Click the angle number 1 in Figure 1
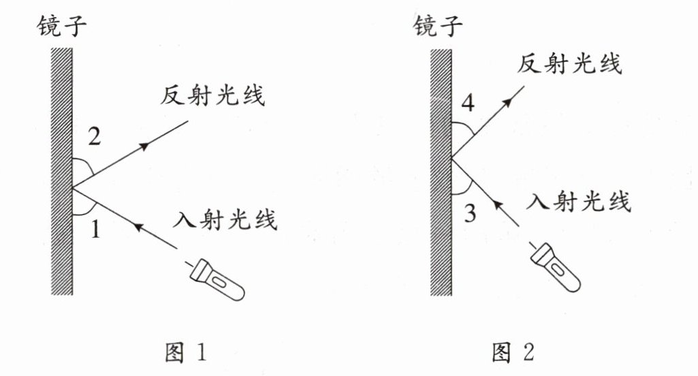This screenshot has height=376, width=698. [96, 230]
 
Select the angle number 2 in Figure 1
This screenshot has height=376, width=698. [95, 138]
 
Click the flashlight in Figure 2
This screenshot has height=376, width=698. [556, 268]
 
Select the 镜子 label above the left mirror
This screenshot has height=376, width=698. [65, 27]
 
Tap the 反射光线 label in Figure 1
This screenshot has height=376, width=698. [212, 96]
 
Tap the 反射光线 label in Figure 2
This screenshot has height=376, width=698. [569, 64]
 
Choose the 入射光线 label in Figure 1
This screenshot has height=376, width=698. [225, 219]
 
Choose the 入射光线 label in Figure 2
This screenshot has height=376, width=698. [580, 201]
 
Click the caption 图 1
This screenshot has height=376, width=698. [185, 352]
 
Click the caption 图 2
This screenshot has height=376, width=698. [512, 352]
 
